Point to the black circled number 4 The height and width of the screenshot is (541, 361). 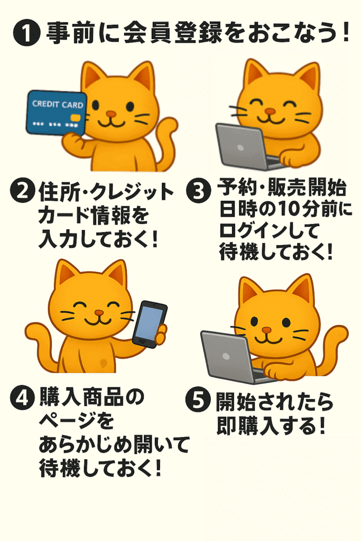(23, 398)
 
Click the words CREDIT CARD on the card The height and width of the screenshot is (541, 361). (58, 104)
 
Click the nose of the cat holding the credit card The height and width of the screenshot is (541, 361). (111, 114)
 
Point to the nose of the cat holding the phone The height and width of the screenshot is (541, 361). (99, 313)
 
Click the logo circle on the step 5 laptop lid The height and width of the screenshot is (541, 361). (226, 356)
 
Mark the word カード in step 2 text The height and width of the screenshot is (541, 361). (63, 216)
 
